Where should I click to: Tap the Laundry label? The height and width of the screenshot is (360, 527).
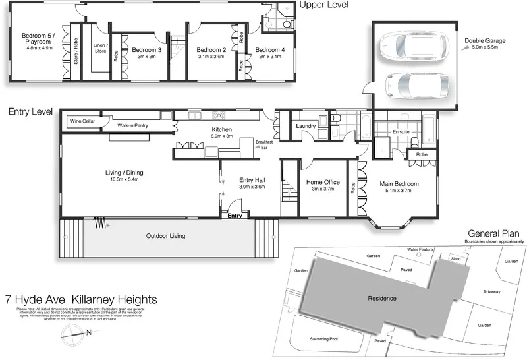point(306,125)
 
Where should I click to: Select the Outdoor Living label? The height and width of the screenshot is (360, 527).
point(165,235)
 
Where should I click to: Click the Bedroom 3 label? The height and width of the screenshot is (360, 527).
point(146,50)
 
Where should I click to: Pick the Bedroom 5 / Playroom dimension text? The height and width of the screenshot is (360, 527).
point(39,48)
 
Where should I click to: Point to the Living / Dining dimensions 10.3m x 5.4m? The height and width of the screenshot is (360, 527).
point(124,179)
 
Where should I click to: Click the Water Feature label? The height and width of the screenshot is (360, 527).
point(422,249)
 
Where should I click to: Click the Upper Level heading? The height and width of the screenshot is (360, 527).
point(323,5)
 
